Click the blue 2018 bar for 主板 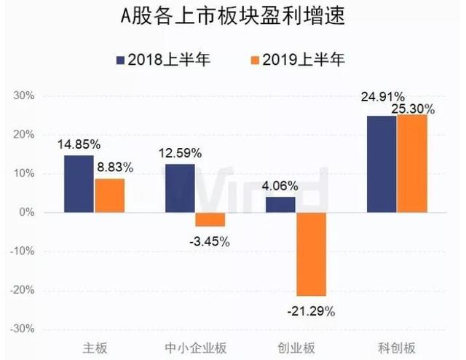(79, 184)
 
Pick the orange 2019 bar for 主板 (109, 195)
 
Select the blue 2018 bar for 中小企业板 (179, 188)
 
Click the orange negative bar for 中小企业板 (210, 219)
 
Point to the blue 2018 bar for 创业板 (280, 205)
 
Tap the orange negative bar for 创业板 (311, 254)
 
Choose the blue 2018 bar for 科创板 (382, 164)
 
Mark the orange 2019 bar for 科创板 (412, 163)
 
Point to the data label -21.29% (311, 311)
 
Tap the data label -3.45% (210, 241)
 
